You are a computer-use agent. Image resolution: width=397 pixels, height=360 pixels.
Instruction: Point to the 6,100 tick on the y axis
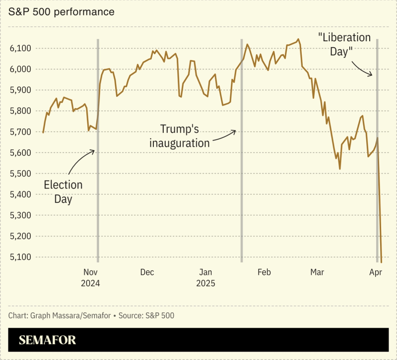pos(21,48)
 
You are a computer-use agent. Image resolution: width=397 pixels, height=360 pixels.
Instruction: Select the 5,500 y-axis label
pos(21,174)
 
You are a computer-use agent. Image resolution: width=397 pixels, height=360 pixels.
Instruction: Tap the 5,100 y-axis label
pos(21,257)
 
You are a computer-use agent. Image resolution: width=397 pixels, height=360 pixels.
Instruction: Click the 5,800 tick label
pos(21,111)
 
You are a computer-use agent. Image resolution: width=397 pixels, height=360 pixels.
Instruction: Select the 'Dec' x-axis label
pos(147,272)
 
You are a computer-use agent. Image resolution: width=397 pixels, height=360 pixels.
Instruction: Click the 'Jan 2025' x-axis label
pos(205,278)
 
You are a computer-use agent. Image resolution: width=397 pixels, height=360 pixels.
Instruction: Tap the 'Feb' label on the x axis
pos(264,272)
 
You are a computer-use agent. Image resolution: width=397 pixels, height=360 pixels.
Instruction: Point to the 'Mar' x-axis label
pos(317,272)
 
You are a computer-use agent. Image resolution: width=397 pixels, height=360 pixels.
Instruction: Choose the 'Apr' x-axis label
pos(376,272)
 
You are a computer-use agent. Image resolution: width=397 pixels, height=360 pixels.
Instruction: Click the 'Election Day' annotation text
pos(63,192)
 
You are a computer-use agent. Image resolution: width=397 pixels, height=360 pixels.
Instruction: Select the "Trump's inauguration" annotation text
pos(180,136)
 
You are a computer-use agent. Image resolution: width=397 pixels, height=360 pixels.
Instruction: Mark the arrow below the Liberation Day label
pos(362,68)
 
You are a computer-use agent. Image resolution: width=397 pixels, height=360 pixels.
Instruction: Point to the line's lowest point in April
pos(381,261)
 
